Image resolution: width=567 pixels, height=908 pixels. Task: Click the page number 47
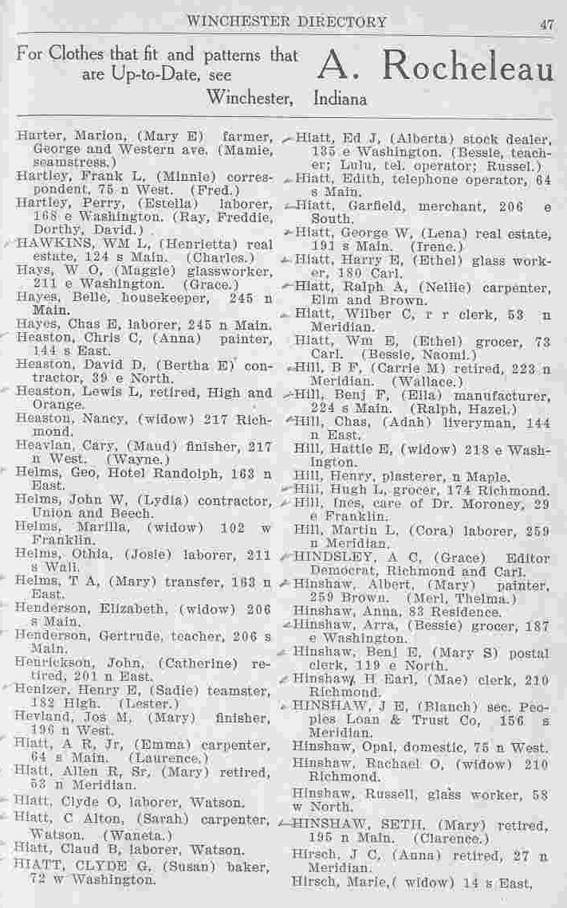(545, 24)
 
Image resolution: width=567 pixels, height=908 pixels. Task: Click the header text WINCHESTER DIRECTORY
(286, 22)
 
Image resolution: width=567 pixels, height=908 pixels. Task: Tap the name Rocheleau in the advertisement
(467, 69)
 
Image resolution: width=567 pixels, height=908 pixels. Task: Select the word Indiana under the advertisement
(341, 100)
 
